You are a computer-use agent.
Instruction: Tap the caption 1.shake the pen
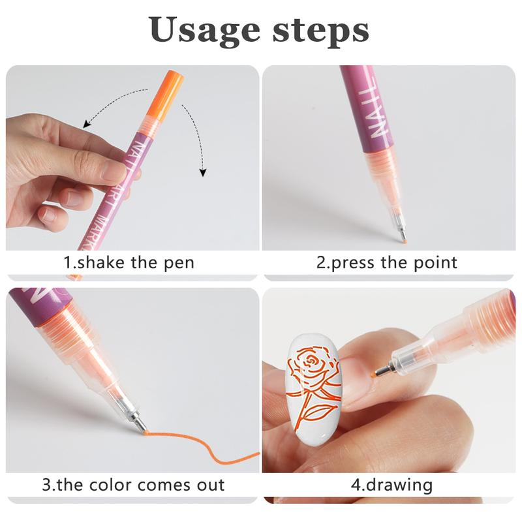pos(129,263)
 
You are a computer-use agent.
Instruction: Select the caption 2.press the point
pos(387,263)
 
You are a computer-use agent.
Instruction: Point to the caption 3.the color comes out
pos(133,485)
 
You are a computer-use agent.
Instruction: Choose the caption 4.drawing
pos(392,485)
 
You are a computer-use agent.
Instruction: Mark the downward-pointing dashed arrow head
pos(202,173)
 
